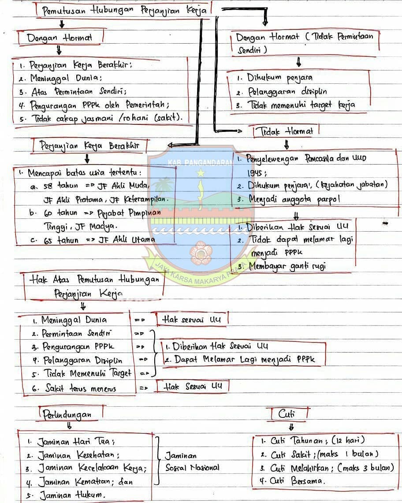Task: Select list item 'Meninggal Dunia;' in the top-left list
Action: pyautogui.click(x=60, y=78)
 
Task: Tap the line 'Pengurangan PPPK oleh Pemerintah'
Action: pyautogui.click(x=93, y=105)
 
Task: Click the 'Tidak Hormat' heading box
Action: pyautogui.click(x=286, y=131)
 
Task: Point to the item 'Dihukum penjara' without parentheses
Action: pyautogui.click(x=275, y=78)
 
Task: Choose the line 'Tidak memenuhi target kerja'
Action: pyautogui.click(x=295, y=105)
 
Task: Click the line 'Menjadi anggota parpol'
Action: pyautogui.click(x=288, y=199)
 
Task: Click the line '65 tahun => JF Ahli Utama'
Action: pyautogui.click(x=93, y=240)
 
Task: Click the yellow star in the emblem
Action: pyautogui.click(x=201, y=173)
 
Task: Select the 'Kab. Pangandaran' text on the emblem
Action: pyautogui.click(x=201, y=163)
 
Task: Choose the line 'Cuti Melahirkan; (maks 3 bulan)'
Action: pyautogui.click(x=327, y=468)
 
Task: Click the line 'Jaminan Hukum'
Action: pyautogui.click(x=66, y=495)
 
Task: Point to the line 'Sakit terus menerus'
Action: pyautogui.click(x=74, y=388)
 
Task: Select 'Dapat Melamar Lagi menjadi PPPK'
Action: pyautogui.click(x=240, y=360)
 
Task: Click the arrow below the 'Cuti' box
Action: pyautogui.click(x=291, y=427)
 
